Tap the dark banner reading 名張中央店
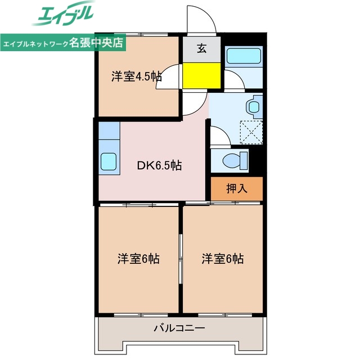tap(63, 43)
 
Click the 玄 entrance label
tap(201, 48)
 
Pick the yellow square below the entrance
tap(201, 75)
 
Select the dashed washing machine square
tap(251, 132)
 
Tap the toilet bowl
tap(235, 160)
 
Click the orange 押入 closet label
tap(237, 188)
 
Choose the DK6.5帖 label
tap(160, 165)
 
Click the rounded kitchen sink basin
tap(108, 161)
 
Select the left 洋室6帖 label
tap(138, 259)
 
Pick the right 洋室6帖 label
tap(223, 259)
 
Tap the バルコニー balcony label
tap(179, 328)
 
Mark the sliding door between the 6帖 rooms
tap(181, 259)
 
